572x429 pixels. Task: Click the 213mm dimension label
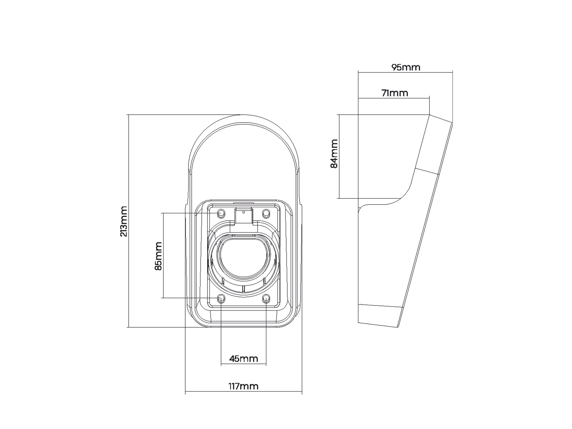[124, 221]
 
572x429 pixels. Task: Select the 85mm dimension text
[158, 256]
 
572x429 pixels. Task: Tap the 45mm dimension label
[244, 359]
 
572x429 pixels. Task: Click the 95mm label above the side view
[405, 67]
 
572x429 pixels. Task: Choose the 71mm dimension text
[395, 93]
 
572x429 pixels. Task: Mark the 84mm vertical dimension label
[334, 153]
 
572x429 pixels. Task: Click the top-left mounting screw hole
[221, 213]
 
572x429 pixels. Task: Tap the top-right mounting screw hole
[266, 213]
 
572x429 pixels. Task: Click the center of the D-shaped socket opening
[243, 259]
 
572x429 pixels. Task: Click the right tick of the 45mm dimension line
[266, 365]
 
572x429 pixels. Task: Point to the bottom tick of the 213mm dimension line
[128, 327]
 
